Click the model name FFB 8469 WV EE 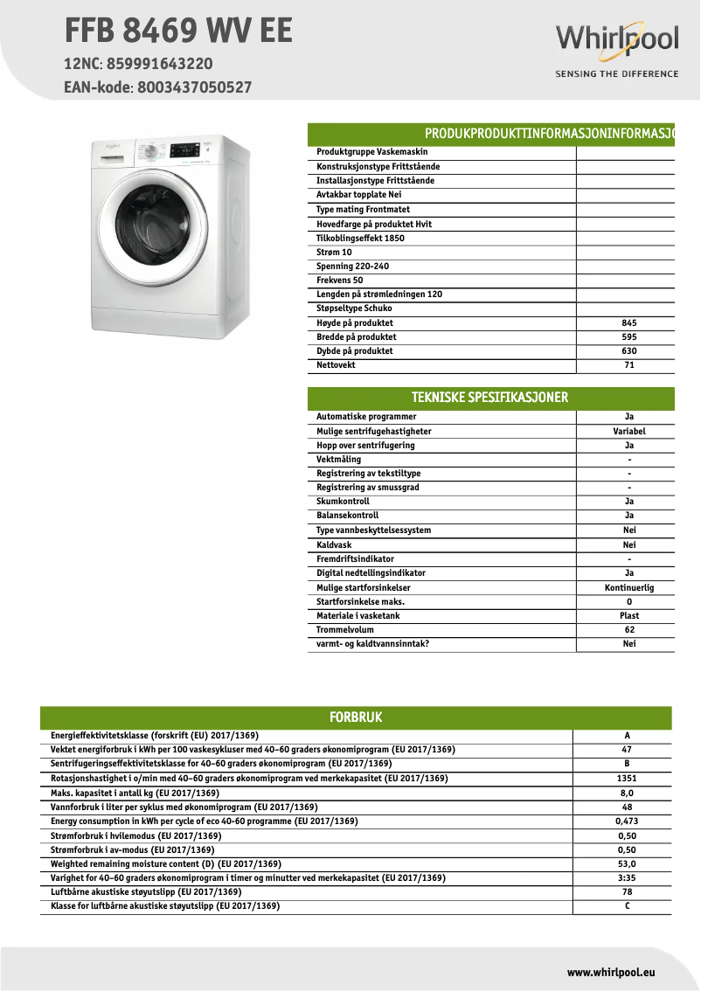[x=178, y=31]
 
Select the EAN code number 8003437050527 [x=194, y=87]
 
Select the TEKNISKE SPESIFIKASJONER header [x=490, y=398]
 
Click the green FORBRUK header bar [x=356, y=717]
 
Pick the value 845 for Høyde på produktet [x=628, y=323]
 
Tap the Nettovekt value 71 [x=628, y=365]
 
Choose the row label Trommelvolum [x=345, y=630]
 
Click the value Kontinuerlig [x=628, y=588]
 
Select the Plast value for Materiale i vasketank [x=628, y=616]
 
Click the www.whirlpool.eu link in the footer [x=611, y=972]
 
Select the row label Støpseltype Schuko [x=354, y=308]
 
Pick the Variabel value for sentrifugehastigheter [x=628, y=432]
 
